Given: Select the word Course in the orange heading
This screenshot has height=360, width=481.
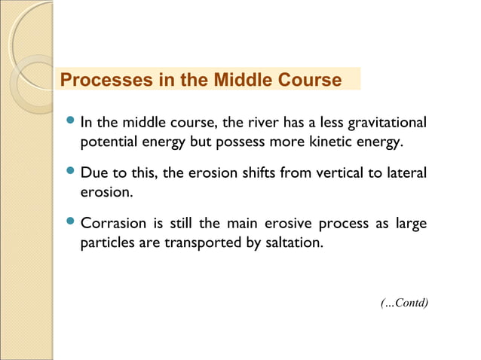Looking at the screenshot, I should point(311,80).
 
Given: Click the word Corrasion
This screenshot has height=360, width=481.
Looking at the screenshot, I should point(112,224).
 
